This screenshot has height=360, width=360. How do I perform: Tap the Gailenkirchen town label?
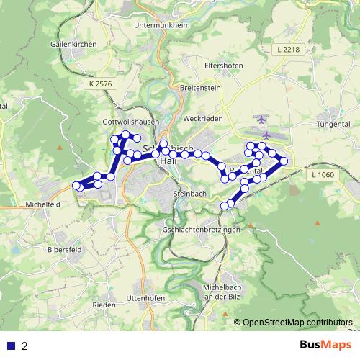[x=72, y=43]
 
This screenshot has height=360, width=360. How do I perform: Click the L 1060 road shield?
[x=325, y=175]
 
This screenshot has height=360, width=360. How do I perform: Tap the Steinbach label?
[x=190, y=194]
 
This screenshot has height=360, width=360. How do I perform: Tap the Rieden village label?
[x=104, y=305]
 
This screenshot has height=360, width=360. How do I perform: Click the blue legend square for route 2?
[x=11, y=346]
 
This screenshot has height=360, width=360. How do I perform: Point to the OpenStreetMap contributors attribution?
[x=297, y=323]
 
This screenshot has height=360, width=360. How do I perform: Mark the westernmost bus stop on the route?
[x=76, y=186]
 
